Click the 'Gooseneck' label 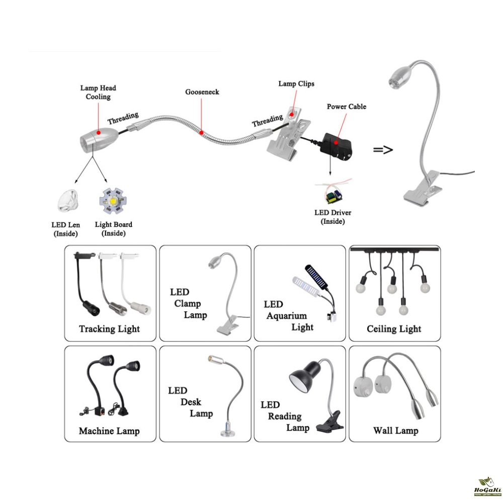click(202, 92)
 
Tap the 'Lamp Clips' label click(296, 83)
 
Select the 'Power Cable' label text click(347, 107)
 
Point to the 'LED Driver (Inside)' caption click(332, 217)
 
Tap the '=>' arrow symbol click(383, 149)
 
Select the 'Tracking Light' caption click(109, 329)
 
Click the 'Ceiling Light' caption click(394, 329)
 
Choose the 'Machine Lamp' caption click(109, 431)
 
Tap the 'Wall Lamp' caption click(395, 431)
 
